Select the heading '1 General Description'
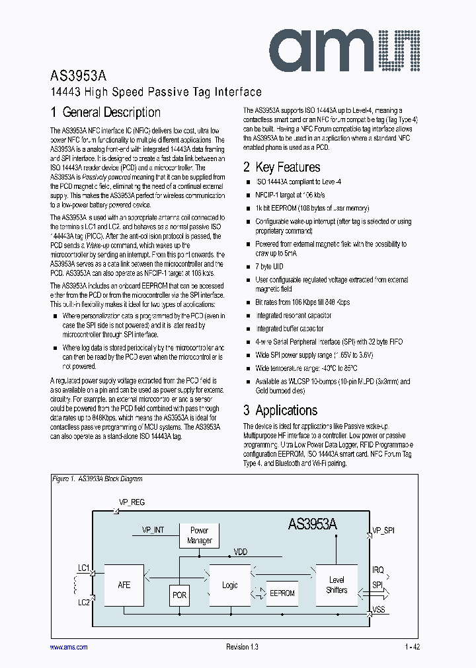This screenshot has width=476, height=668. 106,112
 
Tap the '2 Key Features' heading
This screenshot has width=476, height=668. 282,167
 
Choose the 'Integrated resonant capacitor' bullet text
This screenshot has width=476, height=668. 294,316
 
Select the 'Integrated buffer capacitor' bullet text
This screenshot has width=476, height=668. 290,329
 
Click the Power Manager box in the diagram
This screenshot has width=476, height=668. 199,535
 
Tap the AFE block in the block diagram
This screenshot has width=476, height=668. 124,585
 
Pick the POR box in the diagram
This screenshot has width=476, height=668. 179,595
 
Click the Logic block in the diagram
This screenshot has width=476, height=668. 229,585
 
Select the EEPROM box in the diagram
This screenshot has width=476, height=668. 282,593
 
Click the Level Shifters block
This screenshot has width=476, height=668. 337,585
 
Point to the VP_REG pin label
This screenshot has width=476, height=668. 132,502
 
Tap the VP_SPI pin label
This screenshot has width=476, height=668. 383,530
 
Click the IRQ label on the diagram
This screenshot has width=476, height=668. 377,570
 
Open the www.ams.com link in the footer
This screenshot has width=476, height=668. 69,648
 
